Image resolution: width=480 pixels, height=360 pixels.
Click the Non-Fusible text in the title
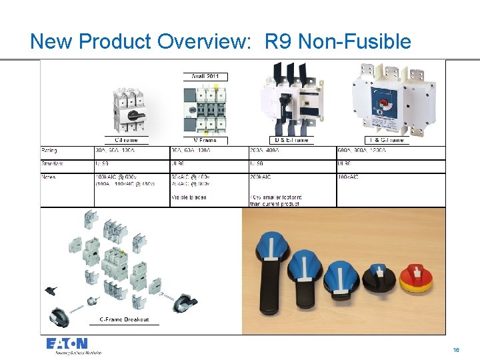pos(355,41)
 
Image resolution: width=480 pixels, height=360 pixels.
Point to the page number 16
pos(456,349)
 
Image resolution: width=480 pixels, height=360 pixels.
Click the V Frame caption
pos(205,140)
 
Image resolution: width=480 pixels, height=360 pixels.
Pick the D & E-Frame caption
pos(291,140)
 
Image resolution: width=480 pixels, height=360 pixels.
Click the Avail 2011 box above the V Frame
pos(205,77)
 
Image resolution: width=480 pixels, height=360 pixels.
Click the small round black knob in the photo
pos(379,275)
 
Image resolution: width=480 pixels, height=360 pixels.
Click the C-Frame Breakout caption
pos(124,319)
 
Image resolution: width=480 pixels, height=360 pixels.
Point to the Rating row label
pos(49,150)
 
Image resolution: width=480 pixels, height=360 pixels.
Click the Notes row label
pos(49,177)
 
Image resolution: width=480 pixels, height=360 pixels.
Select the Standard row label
pos(52,163)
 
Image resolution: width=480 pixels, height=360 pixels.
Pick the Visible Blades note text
pos(189,197)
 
